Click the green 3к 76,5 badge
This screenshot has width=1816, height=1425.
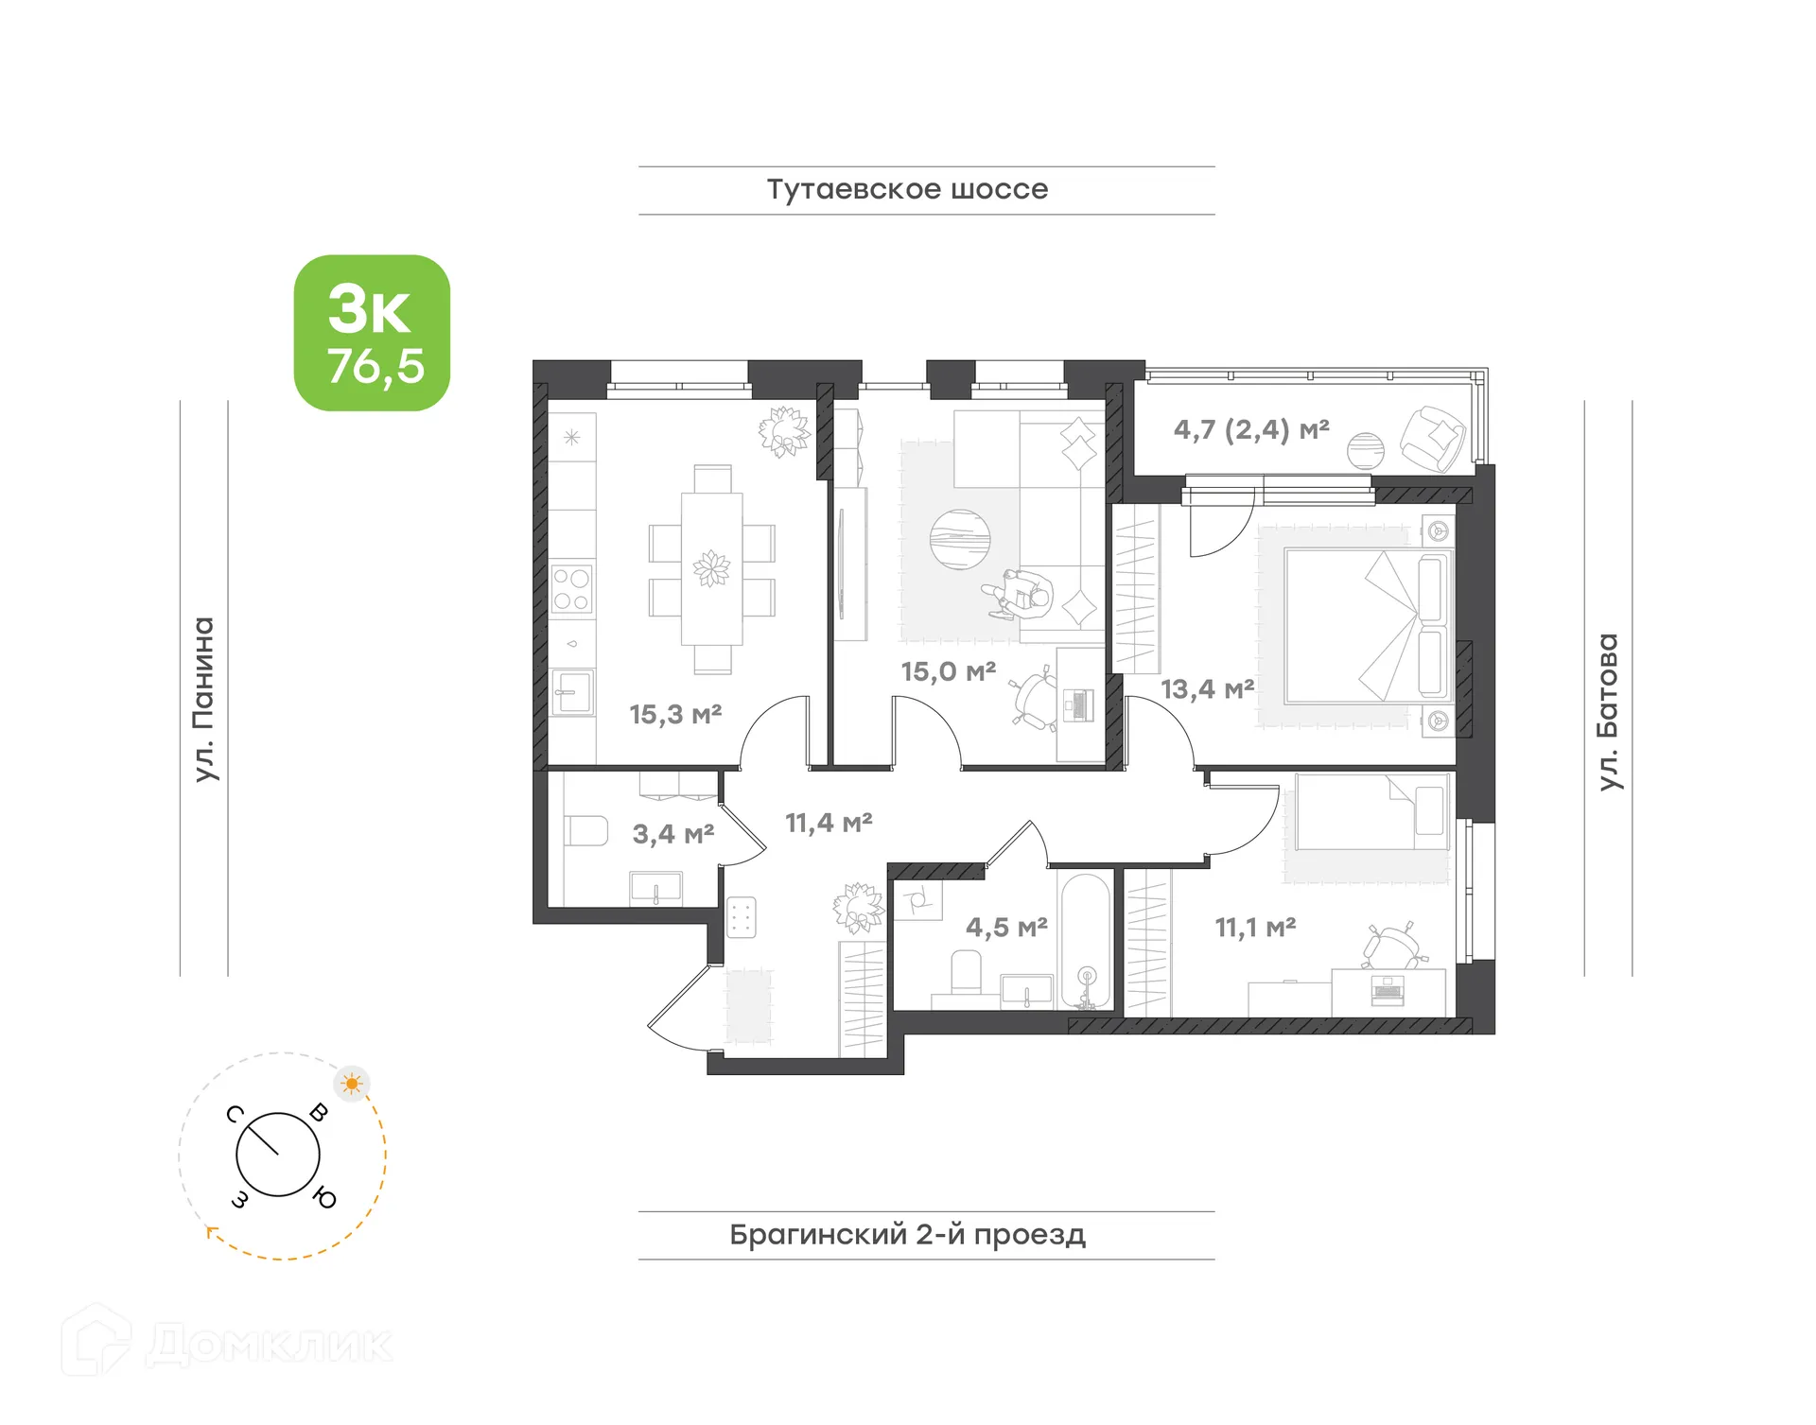point(372,333)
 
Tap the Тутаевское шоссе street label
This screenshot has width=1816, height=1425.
point(906,189)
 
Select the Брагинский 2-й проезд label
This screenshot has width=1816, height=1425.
point(906,1234)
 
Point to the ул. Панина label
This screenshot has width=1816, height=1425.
point(203,699)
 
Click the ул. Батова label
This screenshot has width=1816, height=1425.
point(1607,711)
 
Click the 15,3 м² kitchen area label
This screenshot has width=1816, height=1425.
point(675,714)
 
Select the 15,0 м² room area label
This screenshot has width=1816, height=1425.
point(948,671)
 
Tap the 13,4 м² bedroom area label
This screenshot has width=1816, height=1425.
point(1207,688)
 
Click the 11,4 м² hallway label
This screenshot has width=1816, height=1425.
point(829,823)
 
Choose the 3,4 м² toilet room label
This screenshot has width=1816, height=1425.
point(672,834)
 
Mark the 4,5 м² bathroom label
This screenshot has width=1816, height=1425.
point(1005,927)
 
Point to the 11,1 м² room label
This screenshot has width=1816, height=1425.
point(1254,927)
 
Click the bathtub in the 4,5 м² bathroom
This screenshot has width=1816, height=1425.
point(1085,941)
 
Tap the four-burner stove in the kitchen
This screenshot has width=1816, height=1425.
point(571,588)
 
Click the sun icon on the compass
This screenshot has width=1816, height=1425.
point(352,1083)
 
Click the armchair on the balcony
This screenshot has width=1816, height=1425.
point(1432,438)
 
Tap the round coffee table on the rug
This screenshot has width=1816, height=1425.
point(959,539)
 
